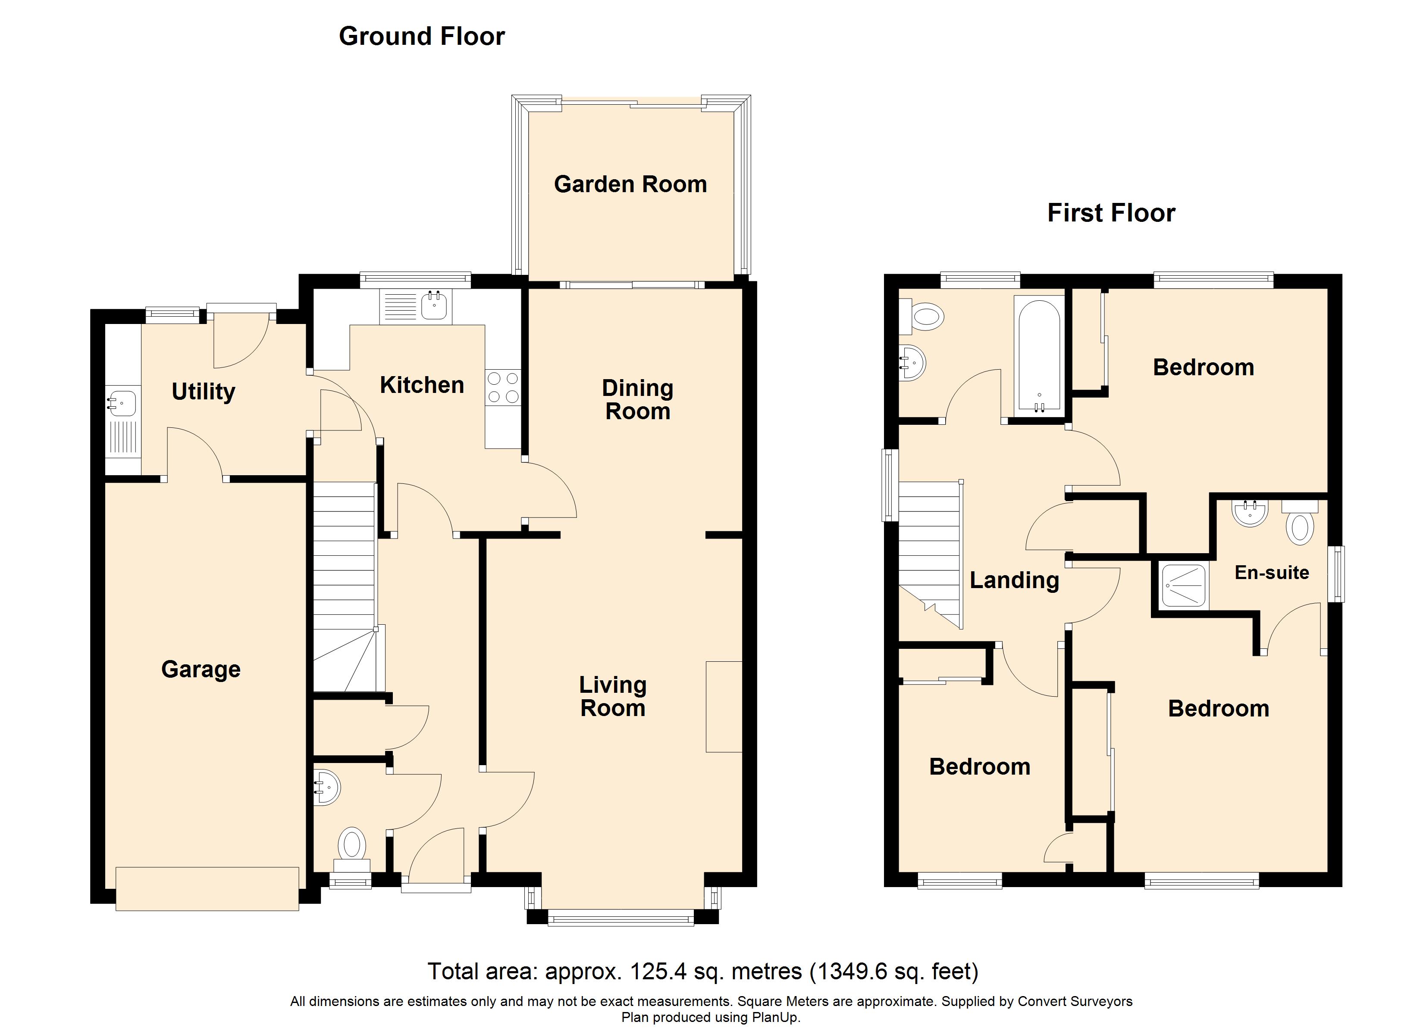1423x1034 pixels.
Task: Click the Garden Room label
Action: click(x=630, y=184)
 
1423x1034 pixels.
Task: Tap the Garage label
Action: click(x=201, y=669)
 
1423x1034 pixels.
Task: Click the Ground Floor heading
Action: click(x=422, y=36)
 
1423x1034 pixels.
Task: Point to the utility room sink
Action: click(x=122, y=402)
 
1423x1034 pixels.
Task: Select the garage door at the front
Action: click(x=207, y=888)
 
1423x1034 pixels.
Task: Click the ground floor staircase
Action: click(x=345, y=587)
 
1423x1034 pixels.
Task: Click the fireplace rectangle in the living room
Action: click(x=724, y=706)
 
